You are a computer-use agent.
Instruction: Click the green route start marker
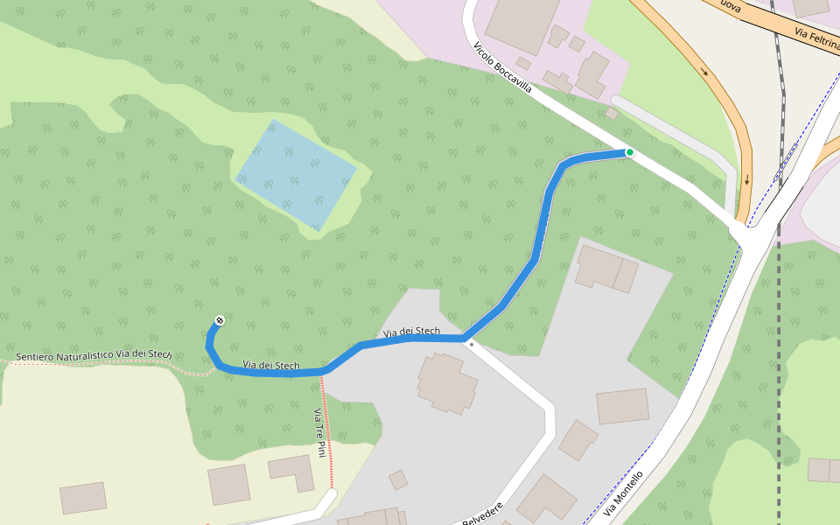629,152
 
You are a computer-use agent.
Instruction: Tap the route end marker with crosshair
219,320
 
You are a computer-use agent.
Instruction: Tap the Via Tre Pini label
319,432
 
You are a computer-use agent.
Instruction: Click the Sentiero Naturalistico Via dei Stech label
94,354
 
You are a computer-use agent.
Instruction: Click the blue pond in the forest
296,174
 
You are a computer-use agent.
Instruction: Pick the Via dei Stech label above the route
411,332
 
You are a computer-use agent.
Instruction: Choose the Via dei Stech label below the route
271,365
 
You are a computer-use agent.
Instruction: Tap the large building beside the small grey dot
447,382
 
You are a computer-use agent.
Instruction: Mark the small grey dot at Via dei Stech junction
472,344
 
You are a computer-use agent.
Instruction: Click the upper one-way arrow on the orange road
705,73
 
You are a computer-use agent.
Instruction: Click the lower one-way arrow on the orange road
746,181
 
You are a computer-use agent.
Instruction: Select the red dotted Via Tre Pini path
331,437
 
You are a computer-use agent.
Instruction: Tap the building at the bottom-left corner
83,497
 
